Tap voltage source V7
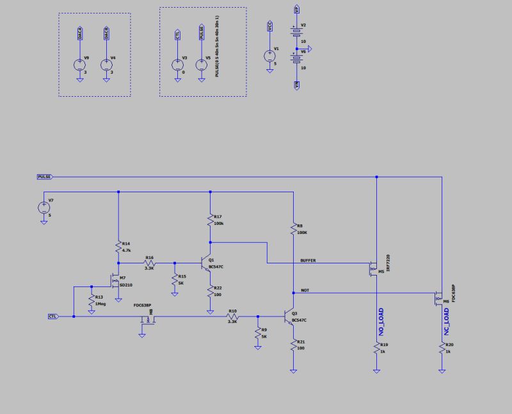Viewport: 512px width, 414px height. (43, 207)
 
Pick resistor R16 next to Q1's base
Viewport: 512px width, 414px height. (149, 263)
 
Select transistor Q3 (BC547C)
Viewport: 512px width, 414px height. (290, 317)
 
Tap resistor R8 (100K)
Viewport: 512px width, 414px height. (292, 229)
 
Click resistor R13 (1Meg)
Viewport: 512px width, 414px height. (92, 301)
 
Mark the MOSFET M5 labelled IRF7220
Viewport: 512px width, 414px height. (374, 268)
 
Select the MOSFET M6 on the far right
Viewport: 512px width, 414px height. (439, 298)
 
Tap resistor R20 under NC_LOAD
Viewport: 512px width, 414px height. (442, 349)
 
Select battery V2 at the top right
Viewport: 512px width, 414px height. (296, 31)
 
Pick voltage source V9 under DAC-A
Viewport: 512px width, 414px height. (79, 65)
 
